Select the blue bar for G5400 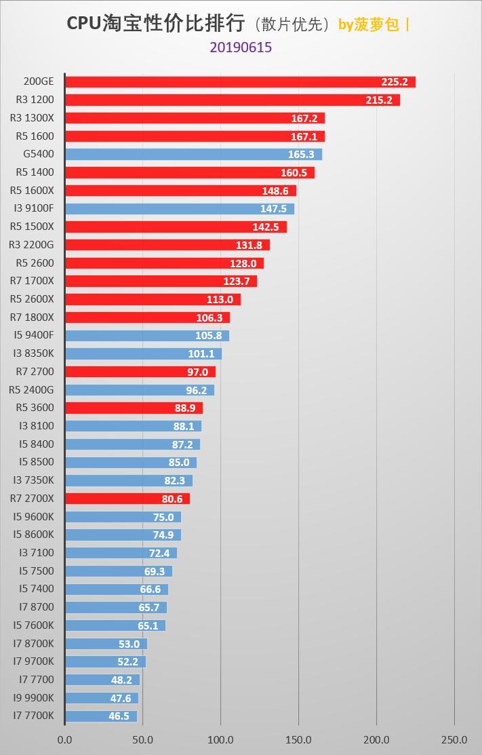(193, 155)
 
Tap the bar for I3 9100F (180, 209)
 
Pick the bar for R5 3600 (134, 408)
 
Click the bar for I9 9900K (102, 698)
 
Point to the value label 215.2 (379, 100)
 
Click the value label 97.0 (198, 372)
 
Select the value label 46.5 (119, 716)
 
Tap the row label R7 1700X (31, 281)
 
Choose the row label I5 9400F (33, 335)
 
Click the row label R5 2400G (31, 389)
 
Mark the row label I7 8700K (33, 643)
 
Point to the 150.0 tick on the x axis (298, 739)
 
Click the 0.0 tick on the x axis (65, 739)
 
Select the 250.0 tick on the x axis (454, 739)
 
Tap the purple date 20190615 (241, 47)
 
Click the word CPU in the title (83, 24)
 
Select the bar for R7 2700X (127, 499)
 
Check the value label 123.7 (237, 281)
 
